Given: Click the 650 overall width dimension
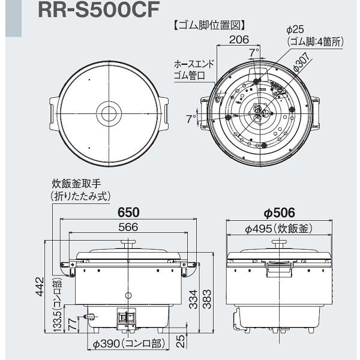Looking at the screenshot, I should click(x=128, y=213).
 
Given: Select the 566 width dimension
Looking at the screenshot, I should click(x=128, y=227).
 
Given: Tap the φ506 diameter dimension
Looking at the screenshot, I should click(x=279, y=213).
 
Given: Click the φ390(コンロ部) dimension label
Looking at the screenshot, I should click(x=127, y=344).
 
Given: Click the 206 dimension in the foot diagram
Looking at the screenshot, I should click(x=239, y=40).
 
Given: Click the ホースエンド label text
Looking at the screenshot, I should click(x=193, y=63).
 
